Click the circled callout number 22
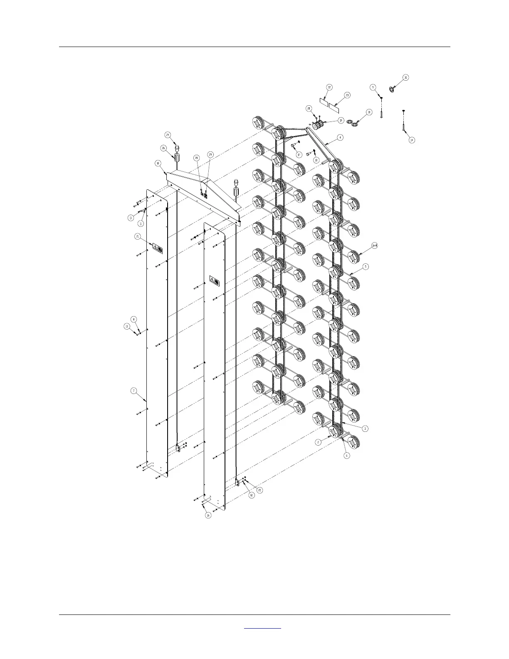[x=329, y=87]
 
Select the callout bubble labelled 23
[x=347, y=95]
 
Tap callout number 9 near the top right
[x=373, y=87]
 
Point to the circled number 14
[x=412, y=140]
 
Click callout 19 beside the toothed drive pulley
[x=341, y=121]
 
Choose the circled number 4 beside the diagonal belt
[x=340, y=137]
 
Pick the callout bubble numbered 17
[x=299, y=155]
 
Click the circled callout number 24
[x=168, y=135]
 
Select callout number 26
[x=163, y=148]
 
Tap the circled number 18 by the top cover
[x=158, y=164]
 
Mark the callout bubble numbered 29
[x=210, y=155]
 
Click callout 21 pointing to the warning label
[x=138, y=236]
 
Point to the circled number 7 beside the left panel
[x=133, y=391]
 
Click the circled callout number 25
[x=260, y=490]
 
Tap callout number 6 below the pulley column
[x=347, y=456]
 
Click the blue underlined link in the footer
[x=262, y=628]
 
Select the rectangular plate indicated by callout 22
[x=324, y=101]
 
